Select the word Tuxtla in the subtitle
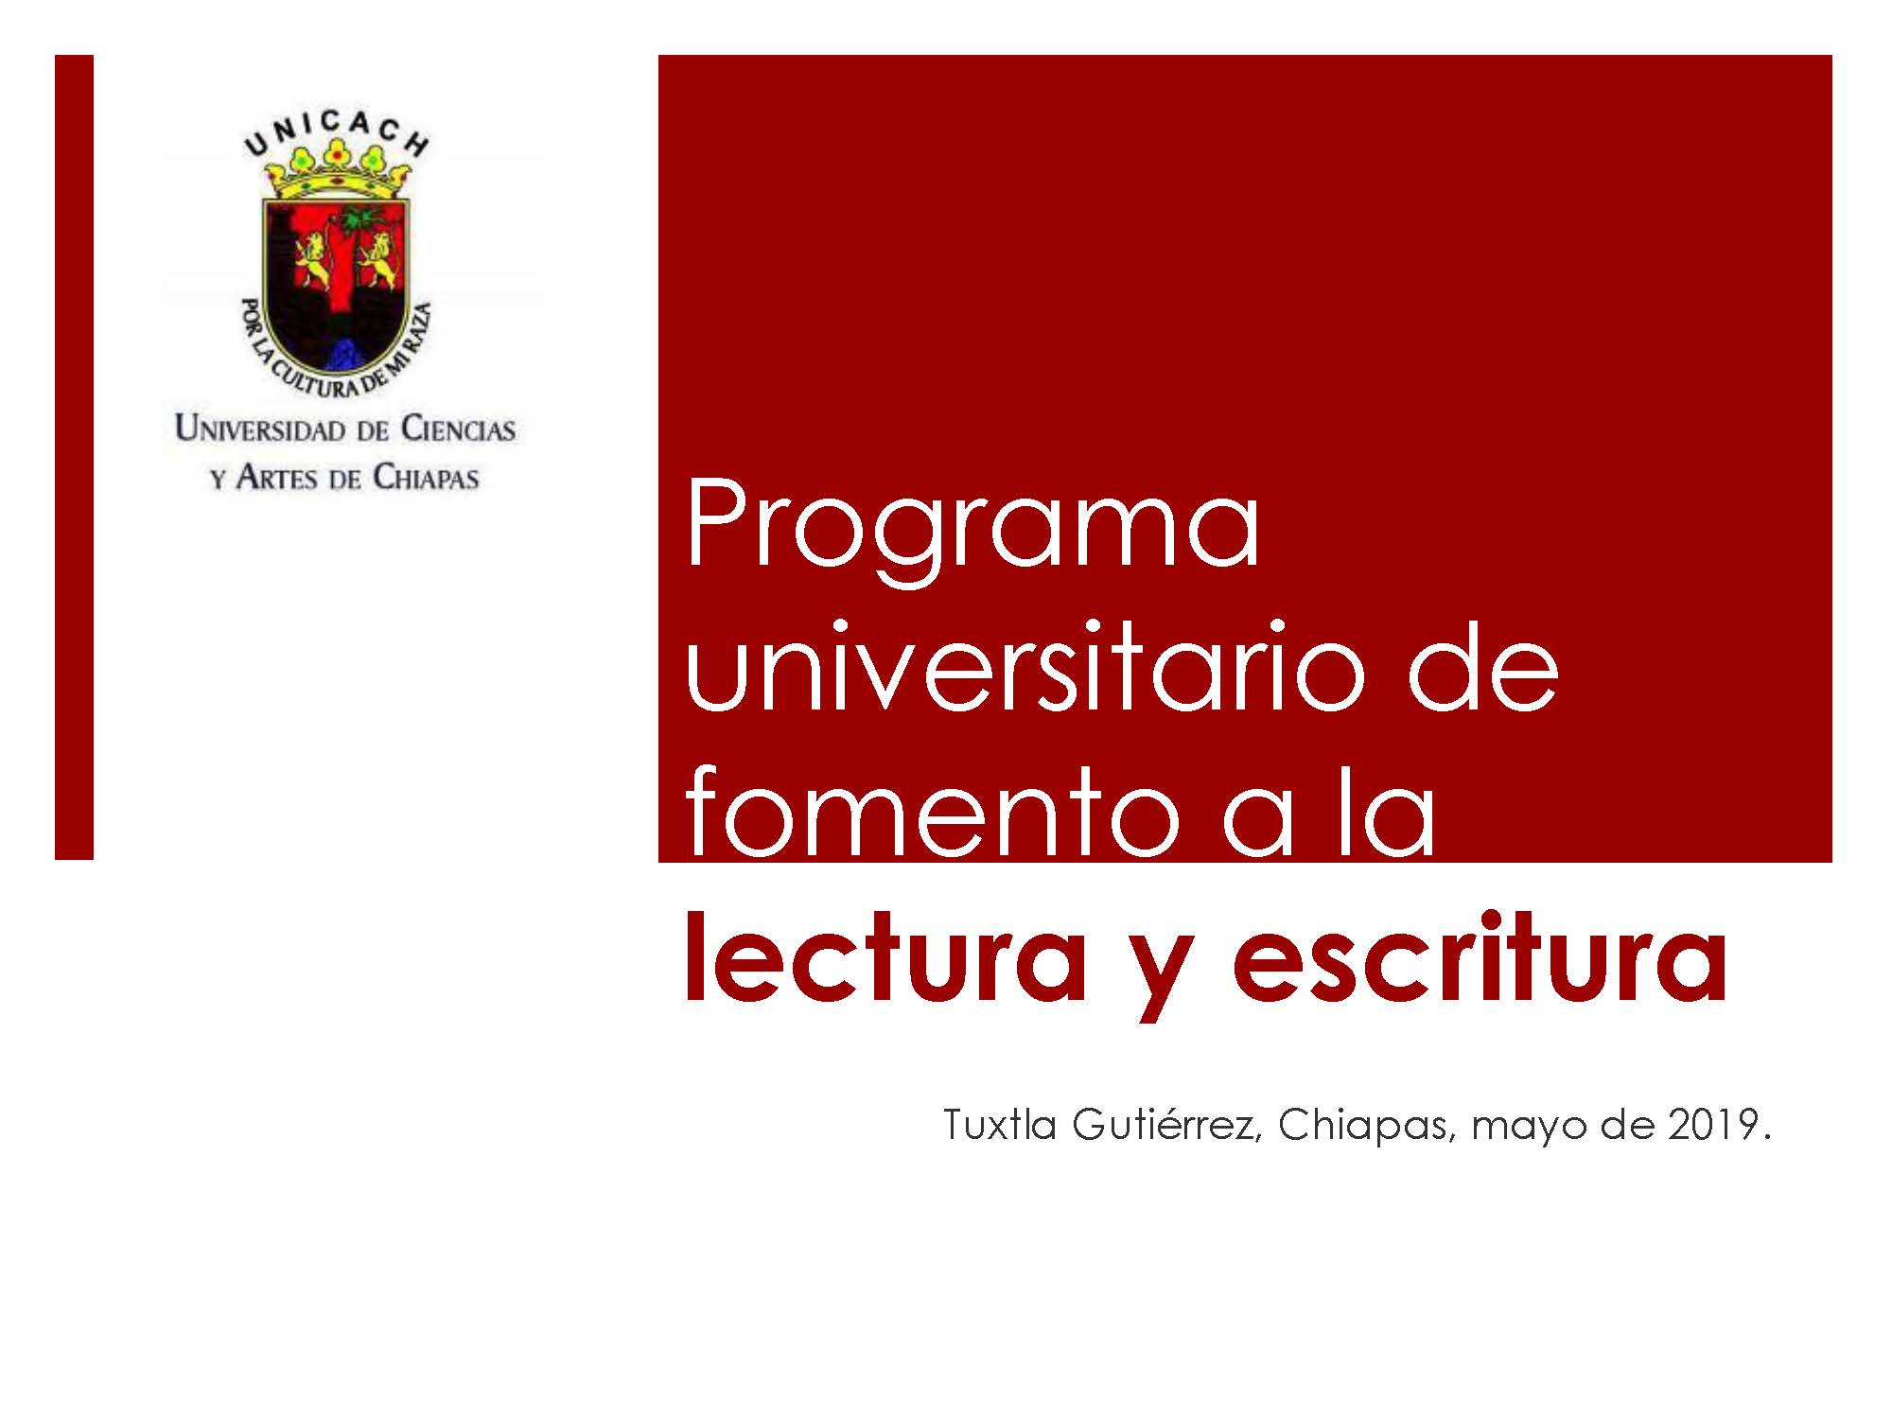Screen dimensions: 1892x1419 coord(999,1126)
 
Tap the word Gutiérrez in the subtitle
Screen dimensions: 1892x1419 coord(1166,1126)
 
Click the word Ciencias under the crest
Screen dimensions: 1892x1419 coord(459,429)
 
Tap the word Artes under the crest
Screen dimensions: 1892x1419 coord(278,477)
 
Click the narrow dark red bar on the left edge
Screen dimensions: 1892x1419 coord(74,457)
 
